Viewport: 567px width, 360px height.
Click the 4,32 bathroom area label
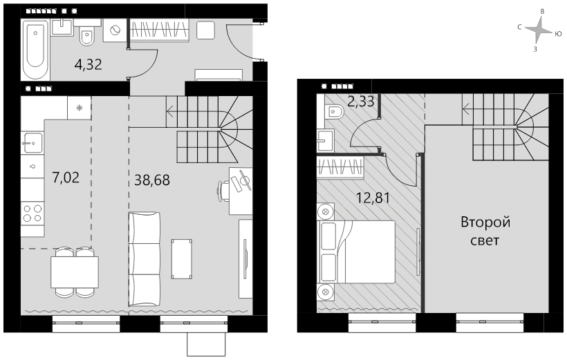pos(89,65)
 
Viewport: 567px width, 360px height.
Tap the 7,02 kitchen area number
pos(66,178)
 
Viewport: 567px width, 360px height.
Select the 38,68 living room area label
pos(152,180)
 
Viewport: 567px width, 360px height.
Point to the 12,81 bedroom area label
pos(373,198)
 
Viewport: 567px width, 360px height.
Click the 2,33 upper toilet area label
pos(360,101)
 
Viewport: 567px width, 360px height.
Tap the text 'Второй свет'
pos(485,231)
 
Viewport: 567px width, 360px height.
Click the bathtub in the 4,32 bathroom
pos(35,50)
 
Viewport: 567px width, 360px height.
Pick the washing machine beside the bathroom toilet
pos(115,30)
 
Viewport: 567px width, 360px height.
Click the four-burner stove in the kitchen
pos(32,214)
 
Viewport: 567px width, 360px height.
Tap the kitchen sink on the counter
pos(32,144)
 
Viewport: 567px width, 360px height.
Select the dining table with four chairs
pos(75,272)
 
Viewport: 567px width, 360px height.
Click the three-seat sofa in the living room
pos(145,259)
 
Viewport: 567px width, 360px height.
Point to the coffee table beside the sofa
pos(182,259)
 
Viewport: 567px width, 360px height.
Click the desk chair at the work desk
pos(223,190)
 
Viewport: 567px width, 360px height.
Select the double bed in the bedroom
pos(356,252)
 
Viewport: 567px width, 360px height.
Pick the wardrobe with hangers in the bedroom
pos(340,168)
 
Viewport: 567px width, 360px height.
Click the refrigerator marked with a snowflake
pos(80,107)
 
